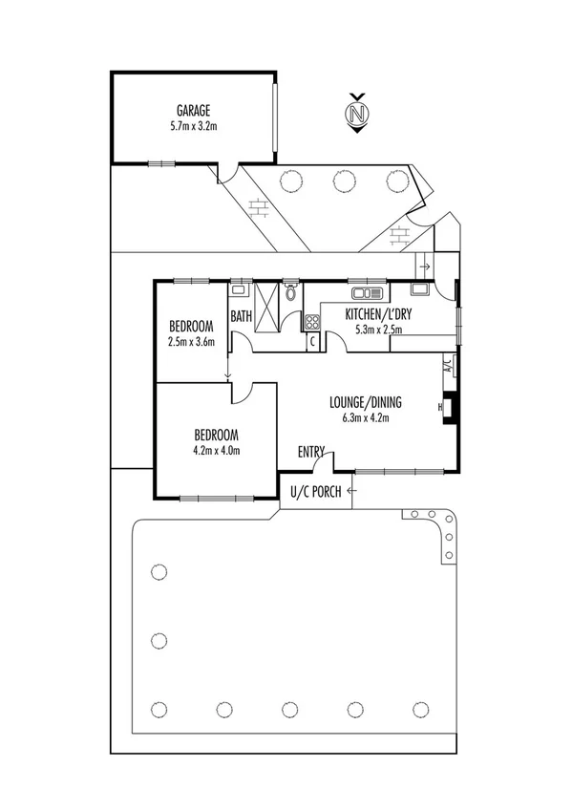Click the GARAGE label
point(193,110)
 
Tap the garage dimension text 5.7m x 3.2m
point(193,124)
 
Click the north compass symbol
point(357,115)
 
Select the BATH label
point(242,314)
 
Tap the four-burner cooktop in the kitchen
point(312,322)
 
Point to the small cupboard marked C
point(312,341)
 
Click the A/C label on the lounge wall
point(446,364)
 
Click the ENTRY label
point(311,452)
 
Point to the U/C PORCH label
point(315,492)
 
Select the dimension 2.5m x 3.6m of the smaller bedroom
point(192,340)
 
